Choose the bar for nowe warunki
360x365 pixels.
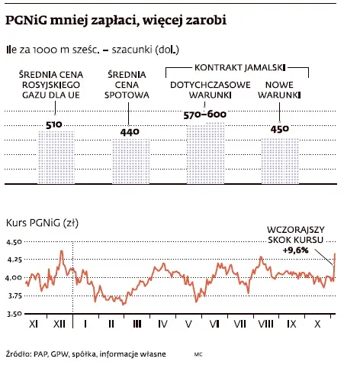279,160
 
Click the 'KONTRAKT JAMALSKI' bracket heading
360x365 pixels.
237,69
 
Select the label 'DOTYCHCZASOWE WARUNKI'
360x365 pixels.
205,92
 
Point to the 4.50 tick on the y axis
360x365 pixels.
14,242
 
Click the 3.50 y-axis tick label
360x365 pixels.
14,314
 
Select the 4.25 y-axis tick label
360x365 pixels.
14,260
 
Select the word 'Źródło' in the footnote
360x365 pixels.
18,354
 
